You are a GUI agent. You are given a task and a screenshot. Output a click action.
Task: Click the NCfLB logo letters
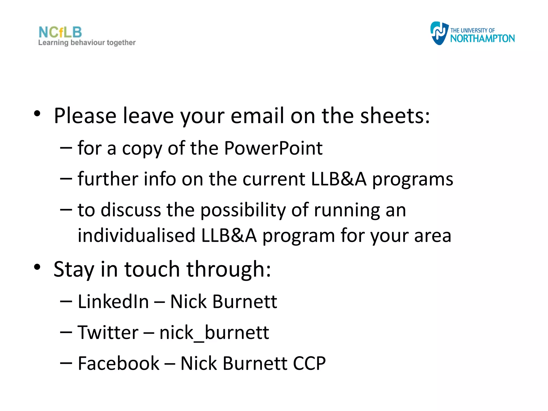[x=60, y=32]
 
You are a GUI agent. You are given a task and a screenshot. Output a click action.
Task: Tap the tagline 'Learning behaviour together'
[x=87, y=43]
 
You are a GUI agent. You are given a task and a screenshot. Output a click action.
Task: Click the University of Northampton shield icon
[x=439, y=33]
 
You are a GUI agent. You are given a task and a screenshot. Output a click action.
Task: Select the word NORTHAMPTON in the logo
[x=482, y=39]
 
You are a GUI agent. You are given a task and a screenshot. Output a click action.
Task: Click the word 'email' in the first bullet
[x=257, y=116]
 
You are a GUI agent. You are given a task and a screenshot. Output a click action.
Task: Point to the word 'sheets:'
[x=395, y=116]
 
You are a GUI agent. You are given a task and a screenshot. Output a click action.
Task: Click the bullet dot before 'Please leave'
[x=37, y=113]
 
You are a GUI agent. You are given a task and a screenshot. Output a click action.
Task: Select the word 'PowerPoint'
[x=273, y=148]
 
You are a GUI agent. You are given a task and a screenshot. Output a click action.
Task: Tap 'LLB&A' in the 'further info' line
[x=338, y=179]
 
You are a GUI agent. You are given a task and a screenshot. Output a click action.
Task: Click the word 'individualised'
[x=136, y=235]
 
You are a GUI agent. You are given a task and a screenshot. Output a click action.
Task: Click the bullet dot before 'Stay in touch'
[x=37, y=267]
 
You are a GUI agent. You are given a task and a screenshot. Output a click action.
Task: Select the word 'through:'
[x=229, y=269]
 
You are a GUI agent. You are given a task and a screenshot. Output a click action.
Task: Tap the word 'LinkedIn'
[x=113, y=302]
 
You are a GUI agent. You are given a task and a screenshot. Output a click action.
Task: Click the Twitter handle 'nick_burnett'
[x=214, y=333]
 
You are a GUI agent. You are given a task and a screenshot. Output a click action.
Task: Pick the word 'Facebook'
[x=119, y=363]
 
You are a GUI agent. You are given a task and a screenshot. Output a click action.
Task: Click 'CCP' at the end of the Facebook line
[x=309, y=363]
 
